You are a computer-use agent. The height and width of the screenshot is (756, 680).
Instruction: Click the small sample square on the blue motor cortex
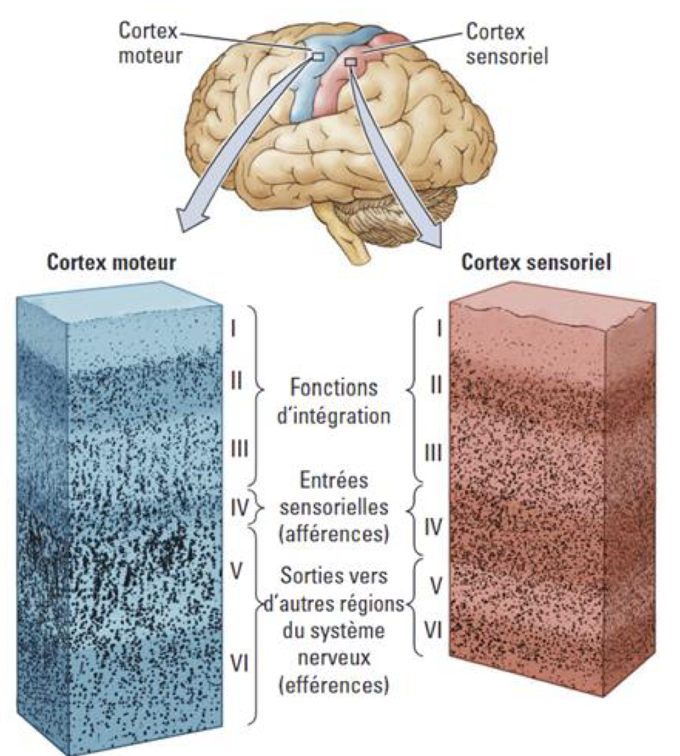pos(317,56)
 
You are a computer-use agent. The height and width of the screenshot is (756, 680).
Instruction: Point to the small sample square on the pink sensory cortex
pos(351,63)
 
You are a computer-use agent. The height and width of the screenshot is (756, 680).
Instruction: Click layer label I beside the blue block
pos(233,331)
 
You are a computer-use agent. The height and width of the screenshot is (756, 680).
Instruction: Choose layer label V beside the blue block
pos(236,570)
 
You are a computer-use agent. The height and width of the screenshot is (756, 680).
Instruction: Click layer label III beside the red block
pos(433,452)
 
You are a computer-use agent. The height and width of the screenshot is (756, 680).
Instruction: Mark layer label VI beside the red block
pos(433,629)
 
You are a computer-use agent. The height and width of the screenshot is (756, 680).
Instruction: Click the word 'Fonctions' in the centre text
pos(333,389)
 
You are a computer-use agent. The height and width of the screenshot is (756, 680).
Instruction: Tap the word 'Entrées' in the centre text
pos(333,480)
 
